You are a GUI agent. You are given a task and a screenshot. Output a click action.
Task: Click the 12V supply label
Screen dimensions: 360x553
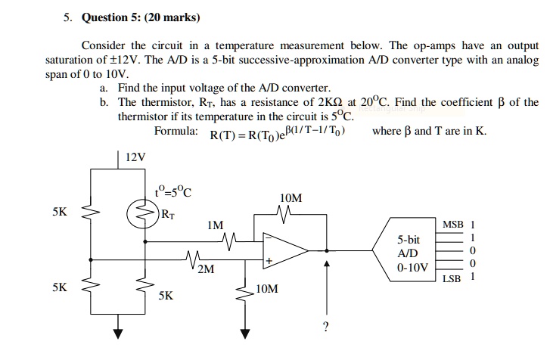[135, 157]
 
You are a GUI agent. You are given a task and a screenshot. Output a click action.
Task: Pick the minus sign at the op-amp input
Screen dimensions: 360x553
[268, 237]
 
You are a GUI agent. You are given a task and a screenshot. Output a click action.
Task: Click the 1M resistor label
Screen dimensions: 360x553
[215, 225]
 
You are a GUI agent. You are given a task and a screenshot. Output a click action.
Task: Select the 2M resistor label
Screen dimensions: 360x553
[206, 268]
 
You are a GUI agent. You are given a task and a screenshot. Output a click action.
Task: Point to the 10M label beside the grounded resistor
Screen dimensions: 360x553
[267, 288]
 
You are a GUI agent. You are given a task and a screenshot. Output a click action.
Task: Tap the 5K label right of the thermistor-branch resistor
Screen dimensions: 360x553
[166, 296]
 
